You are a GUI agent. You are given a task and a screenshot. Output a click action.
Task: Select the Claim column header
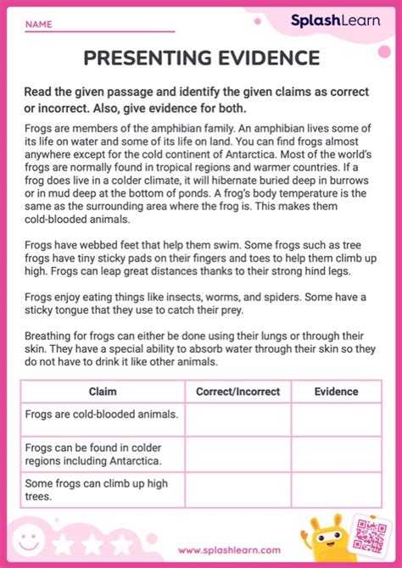coord(103,392)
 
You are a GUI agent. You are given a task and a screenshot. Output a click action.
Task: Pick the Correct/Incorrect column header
coord(237,392)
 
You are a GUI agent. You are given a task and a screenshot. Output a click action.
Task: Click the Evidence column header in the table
coord(336,392)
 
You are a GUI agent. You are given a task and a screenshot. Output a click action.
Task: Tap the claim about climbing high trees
coord(86,489)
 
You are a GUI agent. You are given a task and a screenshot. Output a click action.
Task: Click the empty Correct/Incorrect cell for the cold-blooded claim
coord(237,419)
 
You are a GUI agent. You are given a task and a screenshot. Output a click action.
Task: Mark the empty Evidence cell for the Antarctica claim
coord(336,454)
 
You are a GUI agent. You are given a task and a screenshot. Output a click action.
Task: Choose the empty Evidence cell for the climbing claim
coord(336,489)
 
